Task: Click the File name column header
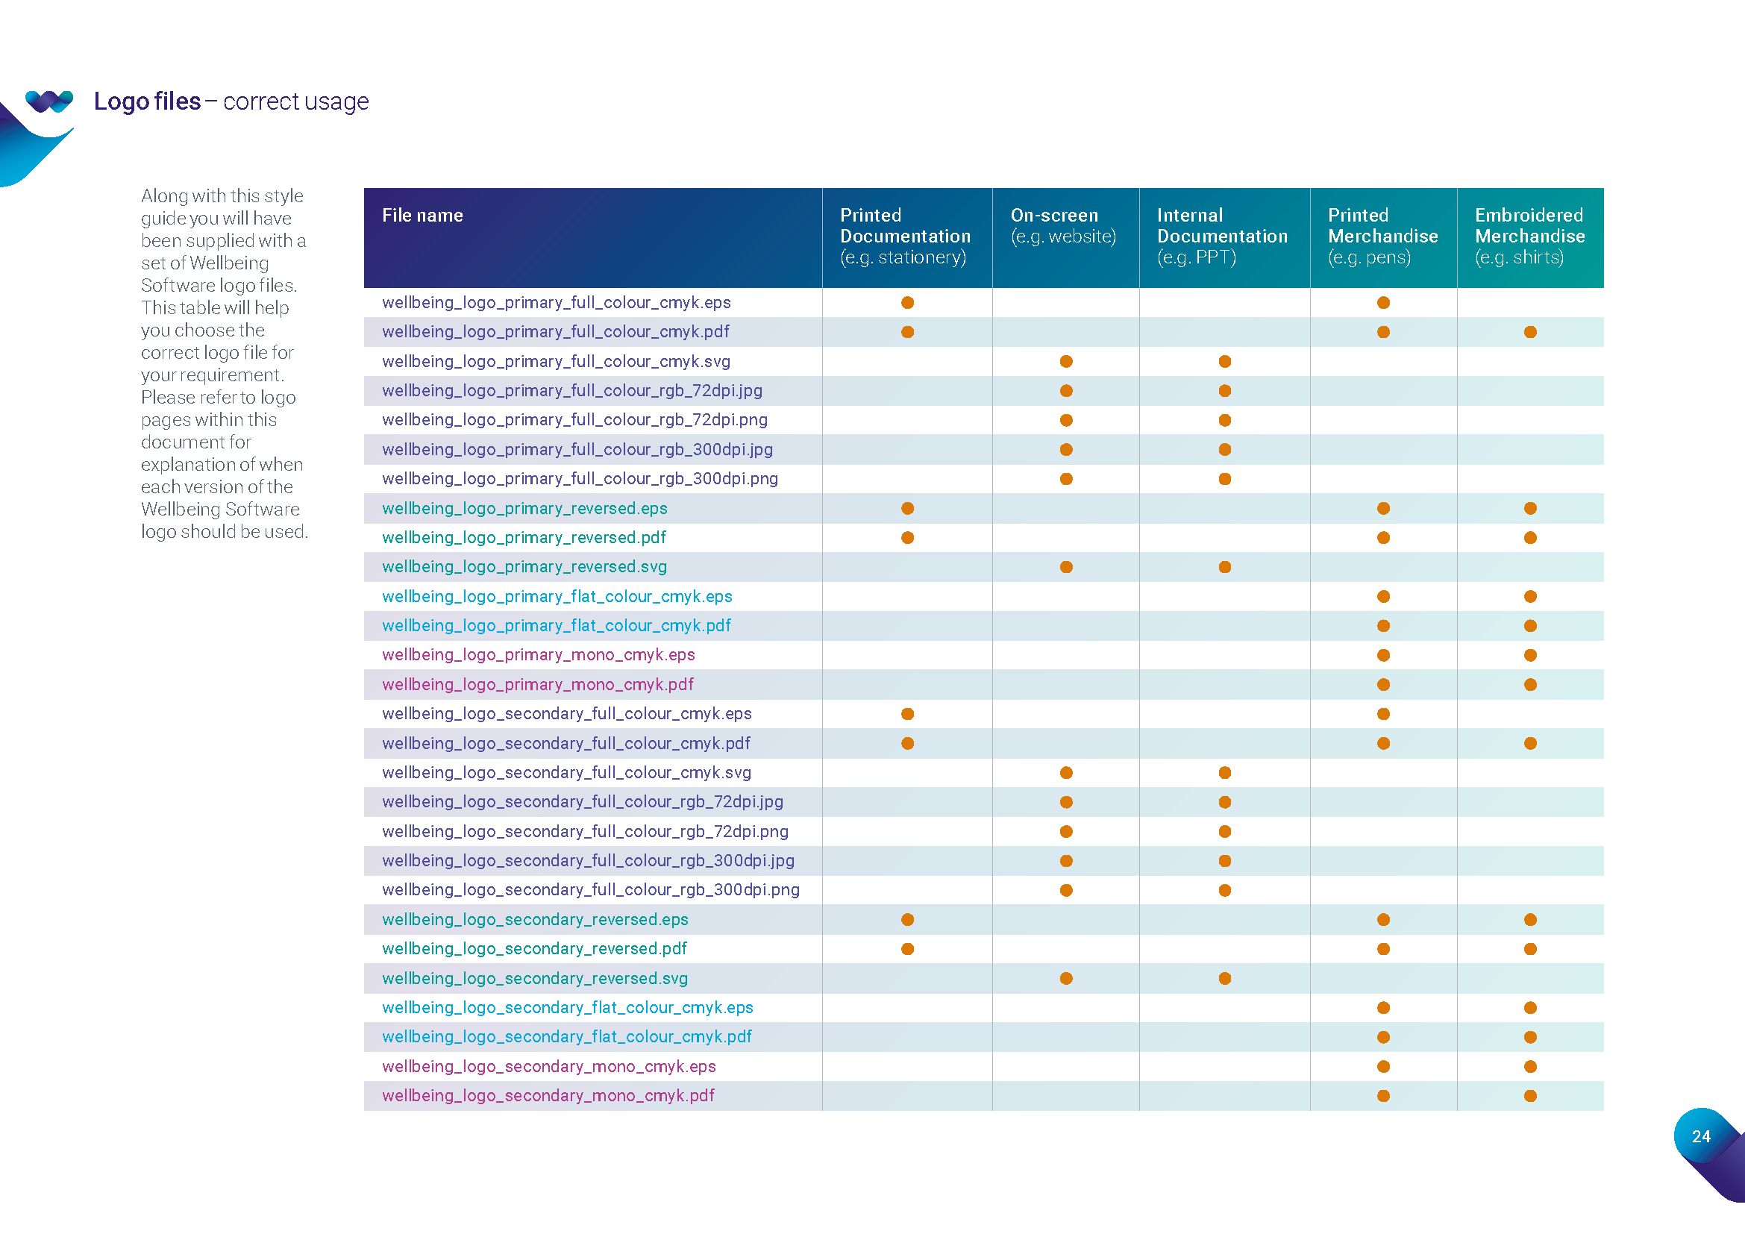click(422, 216)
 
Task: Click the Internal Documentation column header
click(1221, 236)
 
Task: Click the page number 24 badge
click(1701, 1136)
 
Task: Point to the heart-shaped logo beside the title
click(48, 100)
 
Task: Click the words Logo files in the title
click(147, 101)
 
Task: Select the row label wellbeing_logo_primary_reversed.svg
click(524, 567)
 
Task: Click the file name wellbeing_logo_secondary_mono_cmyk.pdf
click(548, 1096)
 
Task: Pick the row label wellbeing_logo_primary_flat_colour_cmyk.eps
click(557, 597)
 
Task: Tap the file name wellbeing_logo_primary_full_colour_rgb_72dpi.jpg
click(571, 390)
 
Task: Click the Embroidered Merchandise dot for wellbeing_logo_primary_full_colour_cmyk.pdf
click(1530, 332)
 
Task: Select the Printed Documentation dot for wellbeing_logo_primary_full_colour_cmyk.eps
click(907, 302)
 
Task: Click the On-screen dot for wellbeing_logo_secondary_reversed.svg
click(1066, 979)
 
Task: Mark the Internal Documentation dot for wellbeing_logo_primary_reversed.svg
click(1224, 567)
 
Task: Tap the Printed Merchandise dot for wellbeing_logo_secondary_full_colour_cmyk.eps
click(1383, 714)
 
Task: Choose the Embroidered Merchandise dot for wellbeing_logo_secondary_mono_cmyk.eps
click(1530, 1067)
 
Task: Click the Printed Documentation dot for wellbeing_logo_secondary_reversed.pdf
click(907, 949)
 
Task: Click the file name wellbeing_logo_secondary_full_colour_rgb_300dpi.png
click(591, 890)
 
